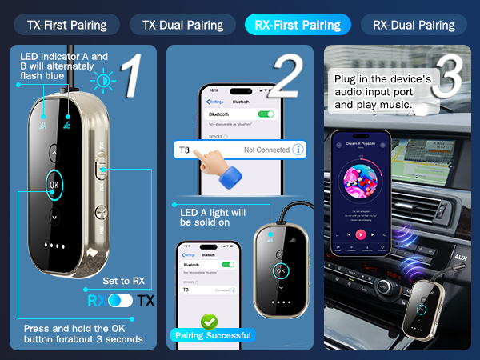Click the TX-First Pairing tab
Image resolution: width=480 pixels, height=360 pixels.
pos(66,25)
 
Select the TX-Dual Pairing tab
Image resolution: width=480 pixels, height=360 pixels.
pos(182,25)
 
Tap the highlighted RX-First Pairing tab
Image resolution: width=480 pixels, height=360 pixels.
pos(298,25)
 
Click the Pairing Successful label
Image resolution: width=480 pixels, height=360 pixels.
pos(210,335)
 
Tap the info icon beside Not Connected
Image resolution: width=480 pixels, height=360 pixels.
pos(298,149)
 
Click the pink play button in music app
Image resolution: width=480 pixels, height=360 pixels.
pos(361,234)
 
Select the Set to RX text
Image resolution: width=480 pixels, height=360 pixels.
pos(124,281)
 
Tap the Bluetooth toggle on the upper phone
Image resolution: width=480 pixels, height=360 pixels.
pos(266,114)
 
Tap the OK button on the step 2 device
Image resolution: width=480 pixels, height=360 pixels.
pos(280,270)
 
